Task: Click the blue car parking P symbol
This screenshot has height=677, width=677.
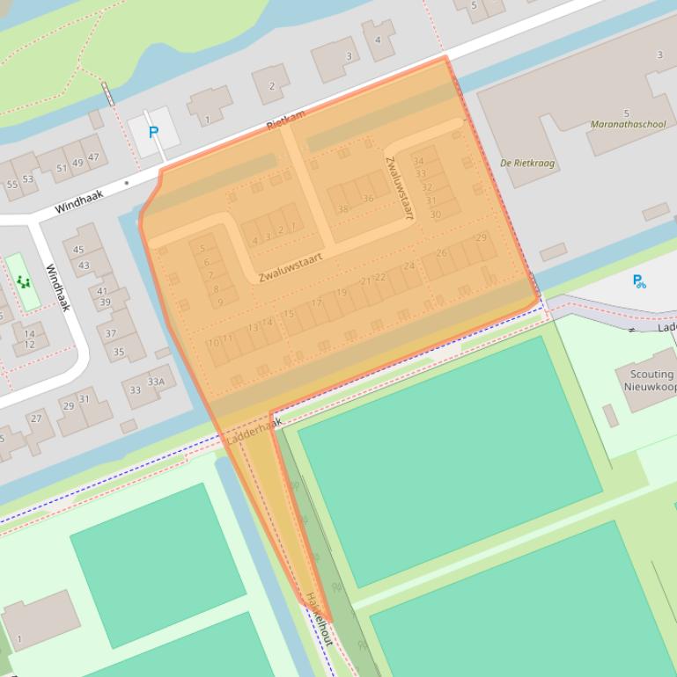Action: tap(153, 133)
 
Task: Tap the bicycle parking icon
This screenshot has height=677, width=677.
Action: tap(639, 281)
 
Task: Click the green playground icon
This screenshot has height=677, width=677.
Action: tap(22, 281)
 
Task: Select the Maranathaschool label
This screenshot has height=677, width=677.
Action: tap(629, 125)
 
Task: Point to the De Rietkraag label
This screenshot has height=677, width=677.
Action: tap(526, 163)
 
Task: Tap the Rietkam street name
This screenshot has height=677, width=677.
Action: tap(285, 121)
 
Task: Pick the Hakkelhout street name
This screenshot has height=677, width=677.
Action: tap(319, 619)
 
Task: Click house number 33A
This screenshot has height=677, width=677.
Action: tap(156, 382)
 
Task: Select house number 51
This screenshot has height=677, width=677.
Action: tap(62, 168)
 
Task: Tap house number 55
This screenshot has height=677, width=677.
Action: tap(12, 185)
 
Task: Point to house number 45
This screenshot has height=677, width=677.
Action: tap(79, 251)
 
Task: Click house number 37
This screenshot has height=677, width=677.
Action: tap(111, 333)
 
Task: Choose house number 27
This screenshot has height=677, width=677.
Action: tap(36, 419)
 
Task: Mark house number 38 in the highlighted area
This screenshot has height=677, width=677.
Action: tap(342, 209)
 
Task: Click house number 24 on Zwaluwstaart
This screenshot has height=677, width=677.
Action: tap(408, 266)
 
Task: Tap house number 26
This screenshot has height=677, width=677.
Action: tap(441, 252)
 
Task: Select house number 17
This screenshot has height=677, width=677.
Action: tap(316, 303)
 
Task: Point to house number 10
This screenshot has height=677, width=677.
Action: tap(212, 342)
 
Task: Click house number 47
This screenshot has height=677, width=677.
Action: tap(92, 157)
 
